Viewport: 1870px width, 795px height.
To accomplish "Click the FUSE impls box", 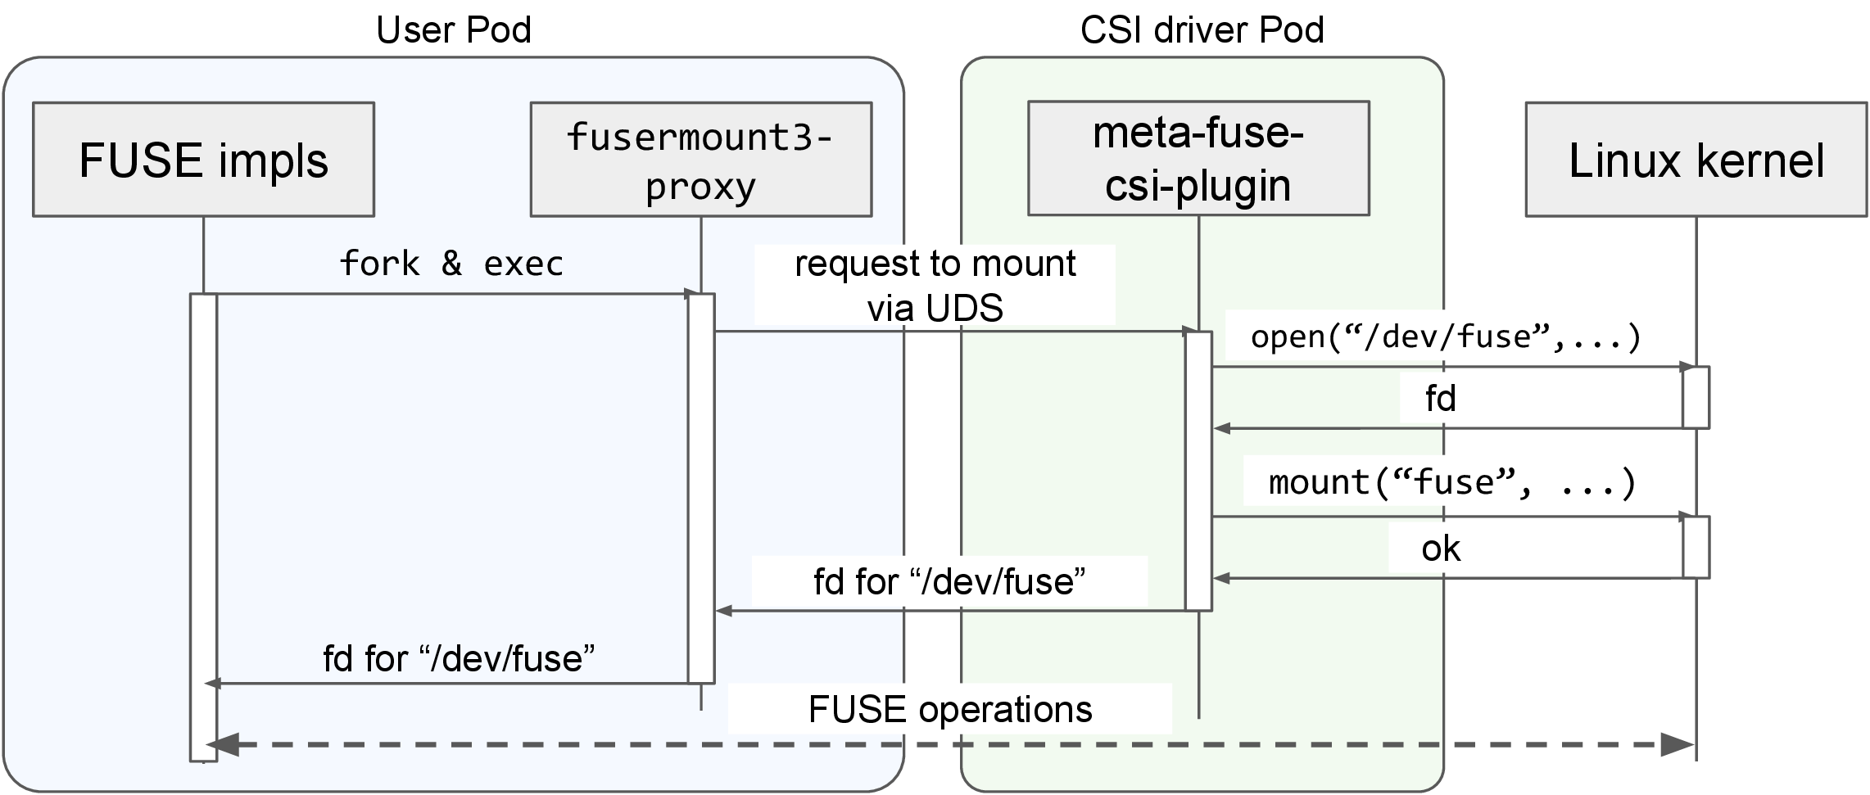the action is point(203,160).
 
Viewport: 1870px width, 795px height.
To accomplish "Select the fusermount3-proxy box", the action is point(701,160).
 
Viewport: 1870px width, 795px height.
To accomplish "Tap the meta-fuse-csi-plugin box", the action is point(1198,159).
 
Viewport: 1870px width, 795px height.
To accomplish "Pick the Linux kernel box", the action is point(1696,160).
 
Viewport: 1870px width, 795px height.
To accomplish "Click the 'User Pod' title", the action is point(454,30).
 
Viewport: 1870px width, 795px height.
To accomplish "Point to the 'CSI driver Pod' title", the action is point(1202,30).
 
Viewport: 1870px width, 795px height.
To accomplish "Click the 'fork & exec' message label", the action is point(451,264).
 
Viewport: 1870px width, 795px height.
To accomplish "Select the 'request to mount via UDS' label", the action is point(935,285).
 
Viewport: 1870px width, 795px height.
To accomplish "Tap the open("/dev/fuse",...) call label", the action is point(1447,337).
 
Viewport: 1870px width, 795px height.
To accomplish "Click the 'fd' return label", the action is point(1441,399).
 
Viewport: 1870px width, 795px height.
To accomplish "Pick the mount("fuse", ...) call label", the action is point(1452,481).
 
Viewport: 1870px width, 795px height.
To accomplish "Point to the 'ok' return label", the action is point(1441,549).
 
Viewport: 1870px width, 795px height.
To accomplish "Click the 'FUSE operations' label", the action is point(950,709).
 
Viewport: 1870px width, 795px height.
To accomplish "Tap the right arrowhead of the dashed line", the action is point(1677,745).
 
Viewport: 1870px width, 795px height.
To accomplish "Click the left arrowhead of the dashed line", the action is point(223,745).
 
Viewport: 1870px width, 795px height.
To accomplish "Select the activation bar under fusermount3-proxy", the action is point(701,488).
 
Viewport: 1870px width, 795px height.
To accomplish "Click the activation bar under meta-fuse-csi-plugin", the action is point(1198,471).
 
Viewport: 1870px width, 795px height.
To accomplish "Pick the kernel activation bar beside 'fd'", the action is point(1696,397).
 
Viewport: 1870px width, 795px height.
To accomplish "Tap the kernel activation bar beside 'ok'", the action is point(1696,547).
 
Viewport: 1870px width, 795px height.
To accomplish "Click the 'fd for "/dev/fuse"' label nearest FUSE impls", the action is point(459,658).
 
